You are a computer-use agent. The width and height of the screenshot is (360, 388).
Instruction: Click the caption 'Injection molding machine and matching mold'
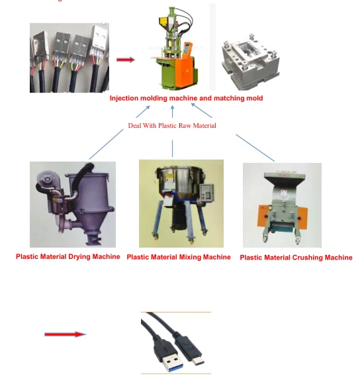coord(186,98)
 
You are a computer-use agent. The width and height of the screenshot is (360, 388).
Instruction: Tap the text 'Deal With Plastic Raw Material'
coord(172,125)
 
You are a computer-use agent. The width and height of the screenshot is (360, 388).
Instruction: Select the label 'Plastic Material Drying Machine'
coord(68,256)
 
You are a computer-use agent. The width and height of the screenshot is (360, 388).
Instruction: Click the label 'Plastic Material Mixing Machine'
coord(179,257)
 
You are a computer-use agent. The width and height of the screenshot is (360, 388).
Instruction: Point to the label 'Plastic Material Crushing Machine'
coord(296,258)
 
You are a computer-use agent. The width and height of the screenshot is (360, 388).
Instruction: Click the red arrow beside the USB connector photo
coord(126,60)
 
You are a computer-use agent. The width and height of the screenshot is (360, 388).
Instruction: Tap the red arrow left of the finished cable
coord(65,334)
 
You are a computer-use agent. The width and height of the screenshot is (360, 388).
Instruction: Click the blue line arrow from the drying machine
coord(106,144)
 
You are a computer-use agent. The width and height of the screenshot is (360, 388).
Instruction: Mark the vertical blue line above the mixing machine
coord(173,148)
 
